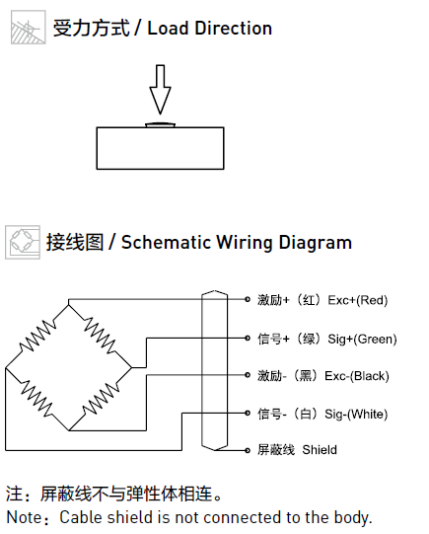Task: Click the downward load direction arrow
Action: pyautogui.click(x=160, y=89)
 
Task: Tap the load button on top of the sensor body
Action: pyautogui.click(x=160, y=125)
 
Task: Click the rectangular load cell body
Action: pyautogui.click(x=160, y=148)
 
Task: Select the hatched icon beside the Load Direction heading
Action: pyautogui.click(x=29, y=28)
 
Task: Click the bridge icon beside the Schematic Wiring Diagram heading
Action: pyautogui.click(x=23, y=242)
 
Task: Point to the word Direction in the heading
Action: pyautogui.click(x=233, y=29)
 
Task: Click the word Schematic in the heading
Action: pyautogui.click(x=167, y=243)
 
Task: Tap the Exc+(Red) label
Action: pyautogui.click(x=358, y=300)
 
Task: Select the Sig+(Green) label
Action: pyautogui.click(x=362, y=340)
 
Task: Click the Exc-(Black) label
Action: pyautogui.click(x=357, y=376)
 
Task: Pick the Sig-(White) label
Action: pyautogui.click(x=356, y=415)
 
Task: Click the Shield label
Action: pyautogui.click(x=320, y=450)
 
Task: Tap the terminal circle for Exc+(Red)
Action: pyautogui.click(x=248, y=299)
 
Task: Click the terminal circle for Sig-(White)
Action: pyautogui.click(x=248, y=414)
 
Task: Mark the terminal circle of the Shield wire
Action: pyautogui.click(x=248, y=450)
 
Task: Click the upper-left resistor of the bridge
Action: pyautogui.click(x=37, y=336)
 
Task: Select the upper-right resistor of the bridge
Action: pyautogui.click(x=100, y=336)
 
